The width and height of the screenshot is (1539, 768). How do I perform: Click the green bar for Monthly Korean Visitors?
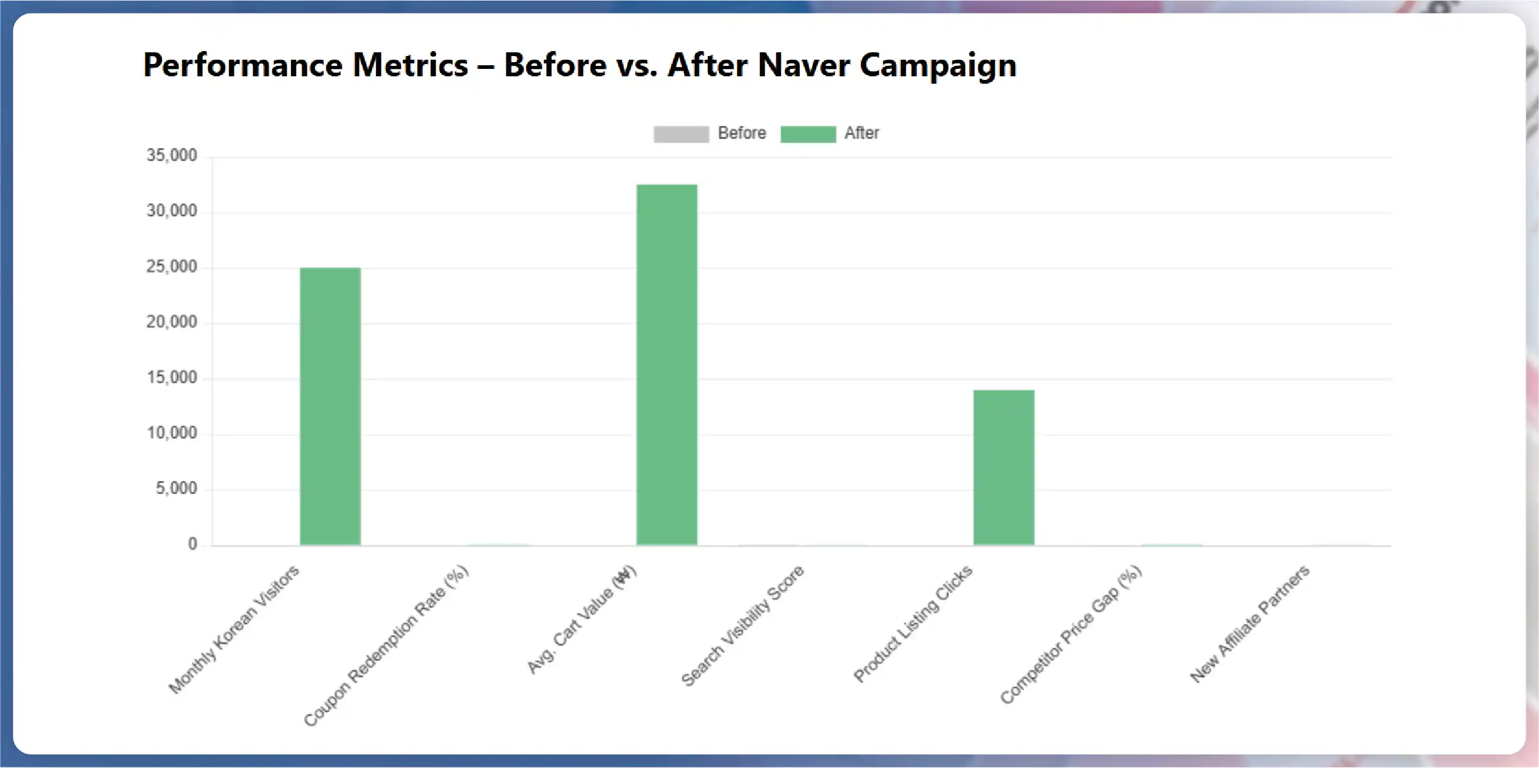(x=330, y=406)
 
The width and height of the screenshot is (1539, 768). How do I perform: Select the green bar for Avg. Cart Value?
(x=666, y=364)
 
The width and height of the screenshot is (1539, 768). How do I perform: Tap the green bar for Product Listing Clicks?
(x=1003, y=467)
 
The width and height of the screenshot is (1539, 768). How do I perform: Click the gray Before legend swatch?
(x=681, y=134)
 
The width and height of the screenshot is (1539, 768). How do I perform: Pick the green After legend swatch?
(x=807, y=134)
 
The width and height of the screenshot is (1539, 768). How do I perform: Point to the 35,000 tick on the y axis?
(x=172, y=155)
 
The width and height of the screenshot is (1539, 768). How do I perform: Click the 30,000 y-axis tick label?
(x=172, y=210)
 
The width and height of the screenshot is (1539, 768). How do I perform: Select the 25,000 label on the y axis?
(x=172, y=266)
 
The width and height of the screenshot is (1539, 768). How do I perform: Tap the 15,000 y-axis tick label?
(x=172, y=377)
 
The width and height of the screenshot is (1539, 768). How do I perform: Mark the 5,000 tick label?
(x=176, y=489)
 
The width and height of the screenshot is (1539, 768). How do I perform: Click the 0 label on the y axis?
(x=193, y=544)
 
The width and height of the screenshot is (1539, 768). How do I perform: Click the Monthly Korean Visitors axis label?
(x=234, y=629)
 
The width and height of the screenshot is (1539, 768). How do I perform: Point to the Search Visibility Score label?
(x=742, y=625)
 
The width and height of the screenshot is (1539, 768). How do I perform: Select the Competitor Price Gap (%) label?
(x=1071, y=634)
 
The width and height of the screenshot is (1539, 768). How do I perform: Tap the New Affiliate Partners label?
(x=1250, y=624)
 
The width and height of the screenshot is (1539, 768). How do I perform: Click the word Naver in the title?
(x=803, y=65)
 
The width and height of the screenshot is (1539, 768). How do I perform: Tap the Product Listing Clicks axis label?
(x=913, y=623)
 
